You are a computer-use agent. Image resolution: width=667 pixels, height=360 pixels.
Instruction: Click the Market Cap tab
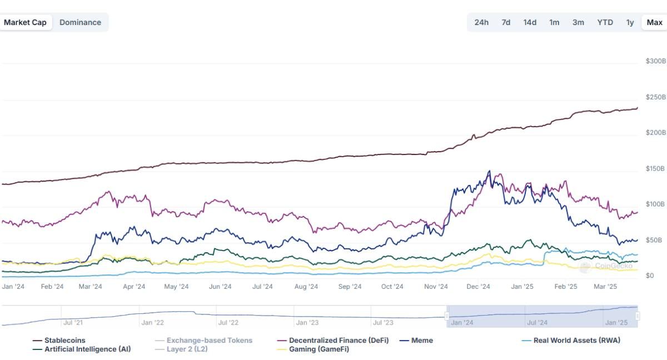pyautogui.click(x=25, y=23)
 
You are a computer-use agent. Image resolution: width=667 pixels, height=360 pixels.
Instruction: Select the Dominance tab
pyautogui.click(x=80, y=23)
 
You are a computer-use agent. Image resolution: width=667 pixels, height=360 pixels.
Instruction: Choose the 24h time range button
pyautogui.click(x=481, y=23)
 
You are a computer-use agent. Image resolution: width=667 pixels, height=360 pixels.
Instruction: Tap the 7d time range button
pyautogui.click(x=506, y=23)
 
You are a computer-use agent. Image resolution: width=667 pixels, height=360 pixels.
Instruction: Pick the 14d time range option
pyautogui.click(x=530, y=23)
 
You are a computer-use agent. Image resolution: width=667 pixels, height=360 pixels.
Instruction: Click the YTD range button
pyautogui.click(x=605, y=23)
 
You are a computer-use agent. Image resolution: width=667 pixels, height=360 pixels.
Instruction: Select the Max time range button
pyautogui.click(x=654, y=23)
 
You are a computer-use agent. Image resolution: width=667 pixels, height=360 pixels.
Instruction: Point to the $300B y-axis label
pyautogui.click(x=655, y=61)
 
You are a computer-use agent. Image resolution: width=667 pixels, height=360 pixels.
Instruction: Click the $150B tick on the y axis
pyautogui.click(x=655, y=168)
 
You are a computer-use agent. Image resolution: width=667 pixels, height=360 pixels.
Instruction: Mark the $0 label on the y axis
pyautogui.click(x=649, y=276)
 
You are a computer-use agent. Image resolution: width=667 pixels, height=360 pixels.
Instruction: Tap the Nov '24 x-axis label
pyautogui.click(x=436, y=287)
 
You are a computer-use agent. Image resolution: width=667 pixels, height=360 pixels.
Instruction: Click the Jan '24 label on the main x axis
pyautogui.click(x=13, y=287)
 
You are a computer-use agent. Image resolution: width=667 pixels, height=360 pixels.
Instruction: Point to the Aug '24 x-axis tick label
pyautogui.click(x=306, y=287)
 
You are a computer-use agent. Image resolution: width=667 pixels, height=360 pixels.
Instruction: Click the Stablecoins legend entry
pyautogui.click(x=64, y=341)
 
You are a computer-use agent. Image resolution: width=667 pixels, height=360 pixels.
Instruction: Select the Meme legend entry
pyautogui.click(x=421, y=341)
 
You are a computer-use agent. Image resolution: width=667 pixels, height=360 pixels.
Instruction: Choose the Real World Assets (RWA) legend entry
pyautogui.click(x=576, y=341)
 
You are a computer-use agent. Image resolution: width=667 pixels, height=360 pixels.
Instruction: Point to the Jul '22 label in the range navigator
pyautogui.click(x=228, y=322)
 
